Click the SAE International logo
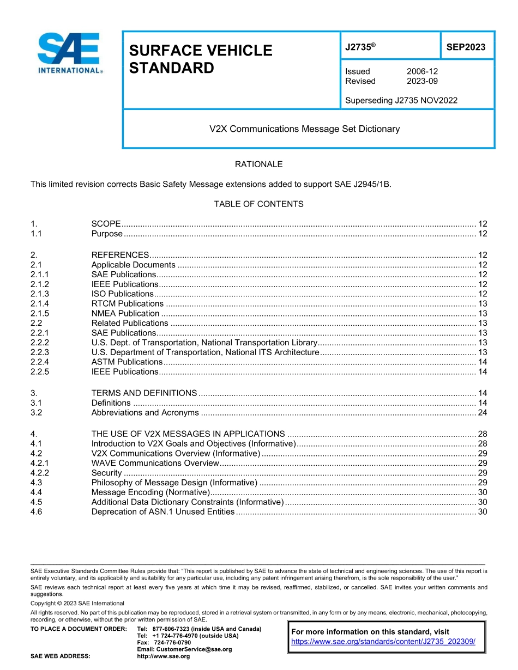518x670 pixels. (x=69, y=53)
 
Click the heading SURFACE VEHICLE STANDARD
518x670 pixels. (x=200, y=59)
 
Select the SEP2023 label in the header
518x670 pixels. (x=466, y=47)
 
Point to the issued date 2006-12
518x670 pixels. (x=422, y=71)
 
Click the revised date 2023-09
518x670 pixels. (x=422, y=81)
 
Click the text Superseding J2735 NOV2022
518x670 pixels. (x=401, y=100)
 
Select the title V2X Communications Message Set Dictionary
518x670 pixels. (x=305, y=129)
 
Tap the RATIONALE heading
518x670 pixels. (x=258, y=164)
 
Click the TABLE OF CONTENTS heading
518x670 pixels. (x=258, y=204)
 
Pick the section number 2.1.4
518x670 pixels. (x=40, y=303)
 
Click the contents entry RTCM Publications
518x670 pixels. (x=127, y=303)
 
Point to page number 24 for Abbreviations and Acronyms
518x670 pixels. (x=482, y=412)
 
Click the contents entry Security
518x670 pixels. (x=106, y=473)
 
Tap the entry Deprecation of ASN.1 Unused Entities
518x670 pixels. (x=163, y=511)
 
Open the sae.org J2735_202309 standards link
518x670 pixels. (x=383, y=642)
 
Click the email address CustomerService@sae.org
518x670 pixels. (x=184, y=649)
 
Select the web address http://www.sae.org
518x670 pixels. (x=164, y=656)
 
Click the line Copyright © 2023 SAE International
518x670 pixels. (x=77, y=603)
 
